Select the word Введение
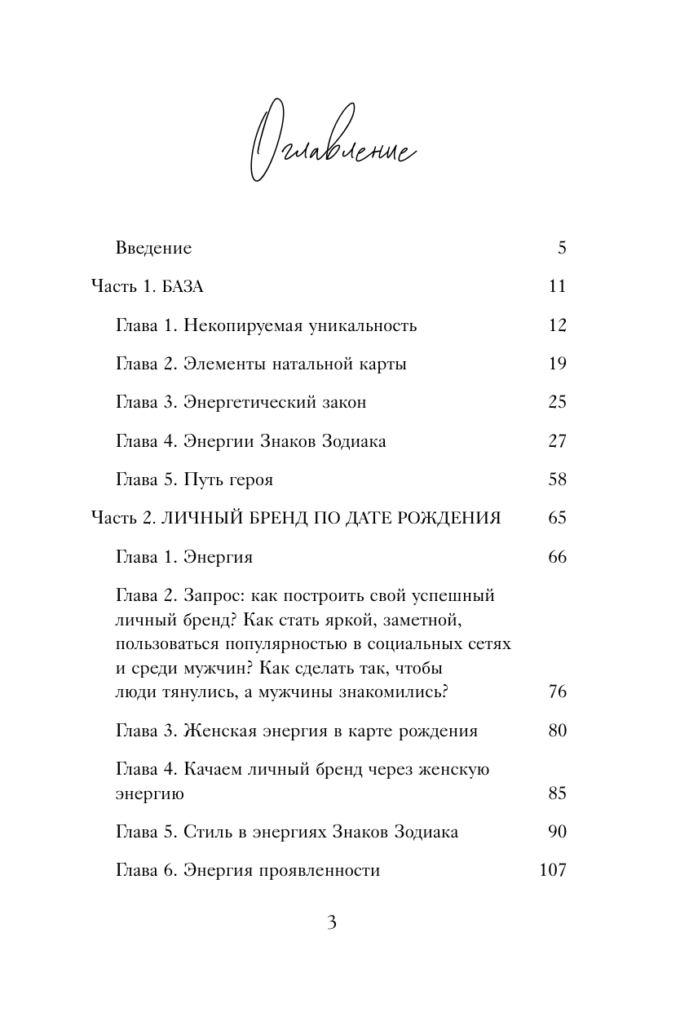point(153,248)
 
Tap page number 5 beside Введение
point(562,248)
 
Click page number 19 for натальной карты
point(557,365)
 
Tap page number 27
point(557,442)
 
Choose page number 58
point(557,480)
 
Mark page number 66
point(557,558)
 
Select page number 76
point(557,693)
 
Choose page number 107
point(553,871)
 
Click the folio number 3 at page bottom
point(331,924)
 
